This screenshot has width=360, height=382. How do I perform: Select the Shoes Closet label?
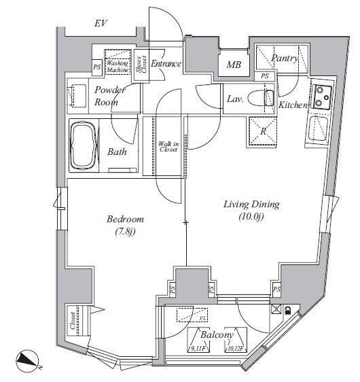tap(141, 67)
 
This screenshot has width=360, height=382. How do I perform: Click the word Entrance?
tap(166, 64)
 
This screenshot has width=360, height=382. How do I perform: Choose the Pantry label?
tap(285, 58)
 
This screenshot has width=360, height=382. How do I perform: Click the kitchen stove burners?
tap(320, 97)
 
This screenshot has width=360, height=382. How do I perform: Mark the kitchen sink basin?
tap(317, 128)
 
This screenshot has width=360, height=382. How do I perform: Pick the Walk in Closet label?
tap(166, 147)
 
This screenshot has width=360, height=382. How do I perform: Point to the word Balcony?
tap(217, 334)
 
